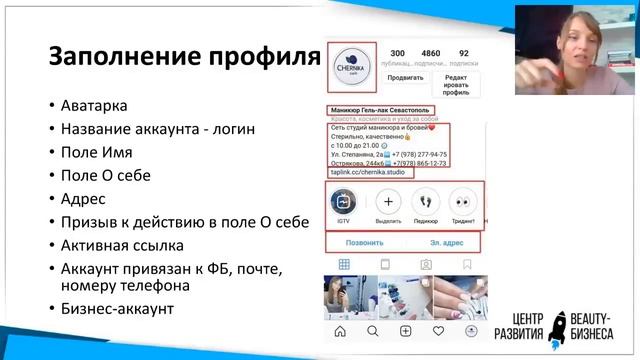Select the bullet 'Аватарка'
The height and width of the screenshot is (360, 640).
pyautogui.click(x=94, y=105)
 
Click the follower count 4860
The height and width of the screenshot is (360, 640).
pyautogui.click(x=430, y=52)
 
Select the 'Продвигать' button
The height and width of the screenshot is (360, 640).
pyautogui.click(x=405, y=77)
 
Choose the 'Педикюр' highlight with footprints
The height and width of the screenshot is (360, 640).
pyautogui.click(x=427, y=201)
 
